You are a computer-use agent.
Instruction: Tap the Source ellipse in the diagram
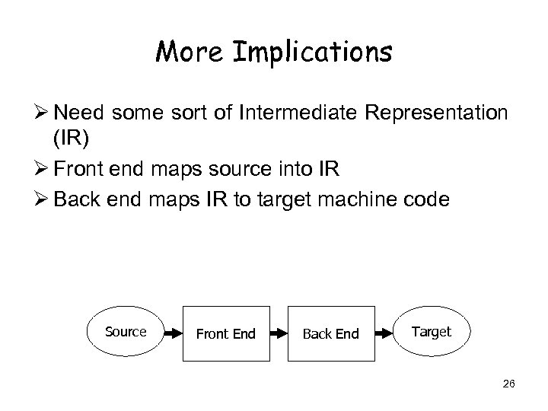[126, 332]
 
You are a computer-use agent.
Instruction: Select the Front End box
[225, 333]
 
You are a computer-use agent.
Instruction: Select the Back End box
[330, 333]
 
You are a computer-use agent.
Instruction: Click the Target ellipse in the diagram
[432, 332]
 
